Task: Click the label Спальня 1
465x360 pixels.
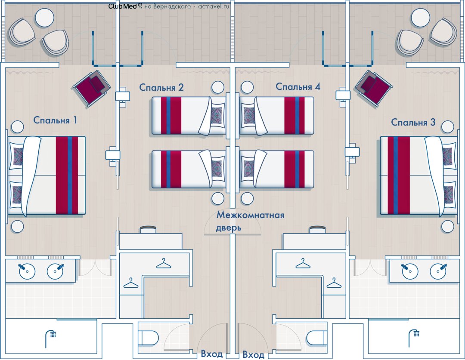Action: click(x=55, y=120)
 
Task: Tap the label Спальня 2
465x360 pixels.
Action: click(x=161, y=87)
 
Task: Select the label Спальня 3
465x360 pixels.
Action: click(x=413, y=123)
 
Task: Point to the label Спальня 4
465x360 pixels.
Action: click(x=298, y=87)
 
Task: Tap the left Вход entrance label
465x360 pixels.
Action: click(x=211, y=354)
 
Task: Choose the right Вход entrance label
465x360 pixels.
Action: click(x=253, y=354)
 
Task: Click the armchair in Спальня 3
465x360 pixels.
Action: click(x=375, y=88)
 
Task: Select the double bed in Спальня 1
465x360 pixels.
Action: click(x=47, y=175)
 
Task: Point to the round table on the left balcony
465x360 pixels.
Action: click(x=44, y=18)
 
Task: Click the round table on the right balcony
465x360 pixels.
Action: click(x=421, y=18)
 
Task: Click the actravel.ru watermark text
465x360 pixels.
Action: click(x=214, y=6)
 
